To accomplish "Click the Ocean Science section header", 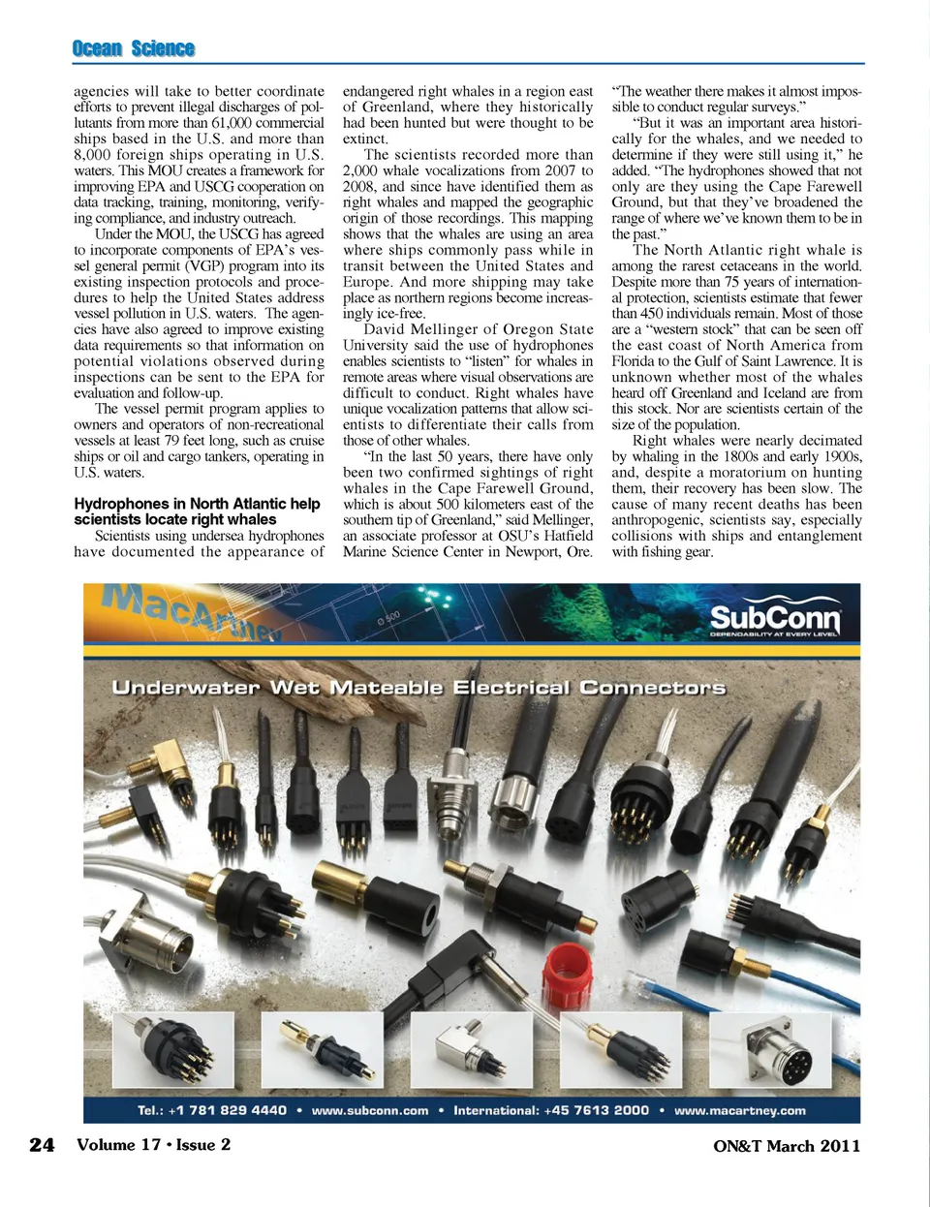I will pyautogui.click(x=133, y=48).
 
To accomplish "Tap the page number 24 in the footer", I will pyautogui.click(x=42, y=1145).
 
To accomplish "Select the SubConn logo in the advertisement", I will pyautogui.click(x=774, y=617).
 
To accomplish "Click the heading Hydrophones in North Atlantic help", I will pyautogui.click(x=197, y=504).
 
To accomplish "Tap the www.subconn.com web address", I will pyautogui.click(x=369, y=1110).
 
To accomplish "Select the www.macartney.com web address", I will pyautogui.click(x=739, y=1110).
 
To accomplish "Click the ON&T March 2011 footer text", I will pyautogui.click(x=786, y=1146).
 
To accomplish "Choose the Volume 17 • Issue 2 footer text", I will pyautogui.click(x=153, y=1145).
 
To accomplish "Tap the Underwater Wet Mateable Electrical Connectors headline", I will pyautogui.click(x=418, y=688).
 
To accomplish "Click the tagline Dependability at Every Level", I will pyautogui.click(x=774, y=634).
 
